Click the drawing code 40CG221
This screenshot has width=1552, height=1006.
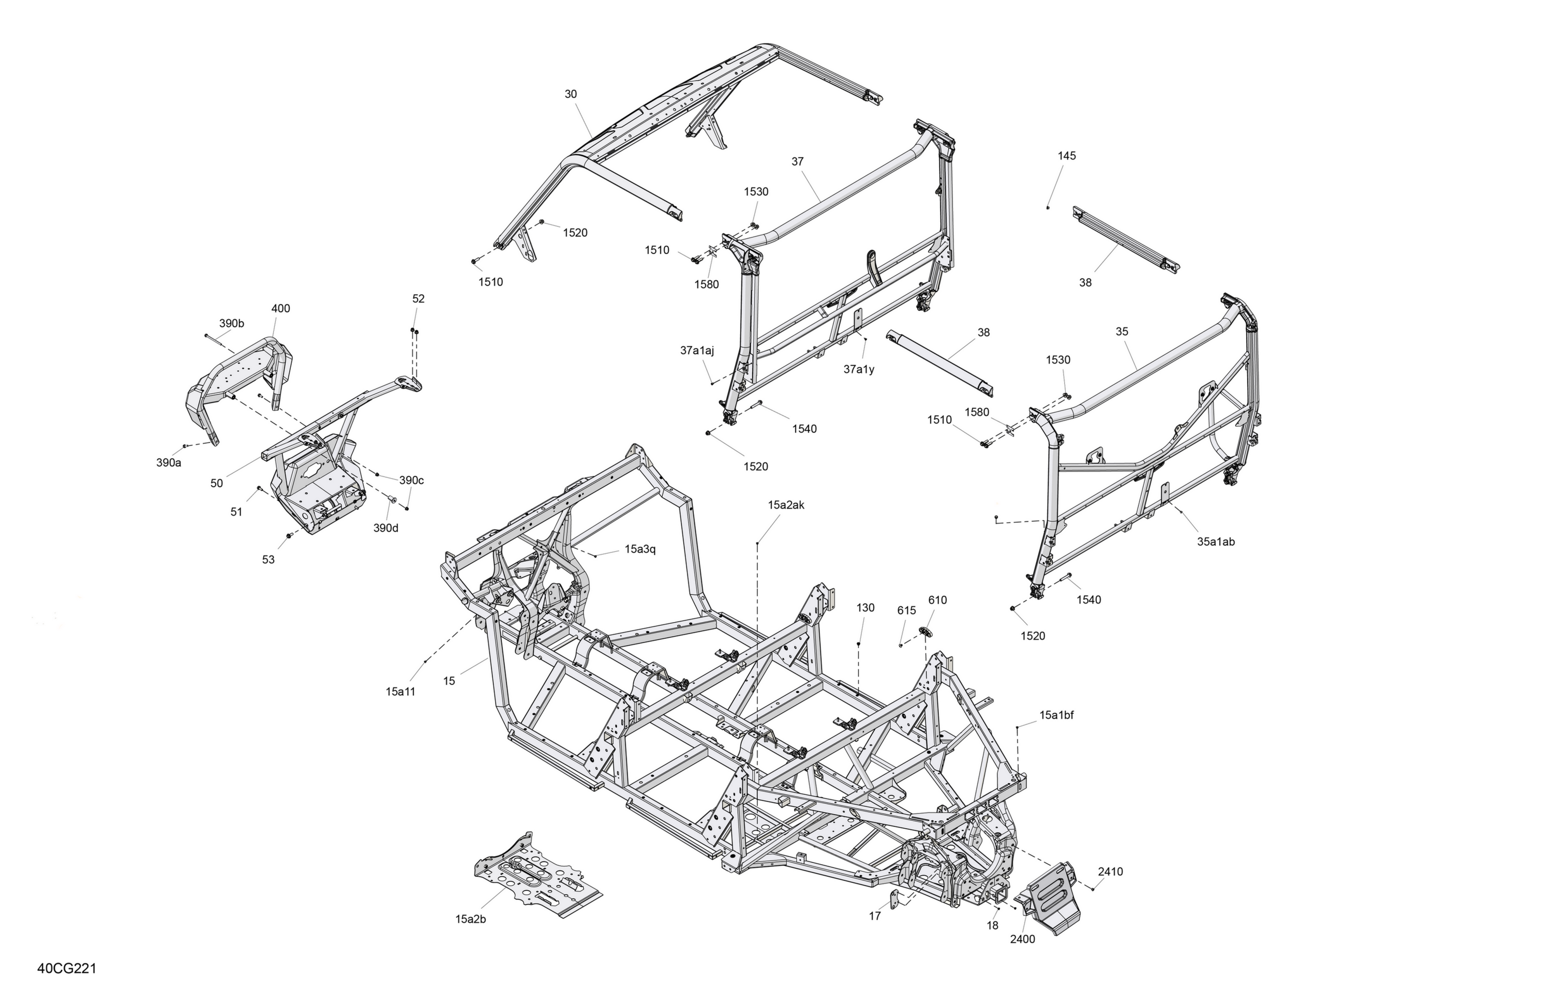point(67,968)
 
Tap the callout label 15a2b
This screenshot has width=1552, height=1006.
point(470,919)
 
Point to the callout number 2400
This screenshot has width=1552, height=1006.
point(1022,939)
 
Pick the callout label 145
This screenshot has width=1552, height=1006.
point(1067,156)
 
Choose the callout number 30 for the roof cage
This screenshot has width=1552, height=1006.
point(571,94)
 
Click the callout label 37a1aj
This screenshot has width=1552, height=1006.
point(697,351)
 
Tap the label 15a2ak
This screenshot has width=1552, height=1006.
point(786,505)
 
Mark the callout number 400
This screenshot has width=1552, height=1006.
point(280,308)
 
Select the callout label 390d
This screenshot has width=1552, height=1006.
point(385,528)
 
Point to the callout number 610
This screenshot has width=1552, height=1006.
point(937,600)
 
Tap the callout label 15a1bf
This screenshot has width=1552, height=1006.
point(1056,715)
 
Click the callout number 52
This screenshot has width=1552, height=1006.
point(419,298)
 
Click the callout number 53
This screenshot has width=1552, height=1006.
point(268,560)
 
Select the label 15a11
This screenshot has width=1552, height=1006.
point(400,691)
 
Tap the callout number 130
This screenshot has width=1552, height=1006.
point(865,608)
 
